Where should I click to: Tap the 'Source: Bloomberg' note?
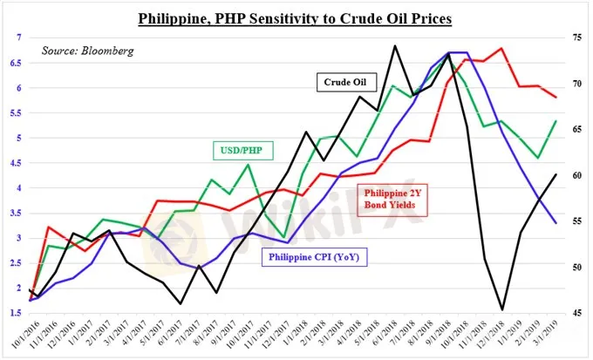coord(87,51)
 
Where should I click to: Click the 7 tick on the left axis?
coord(19,37)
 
